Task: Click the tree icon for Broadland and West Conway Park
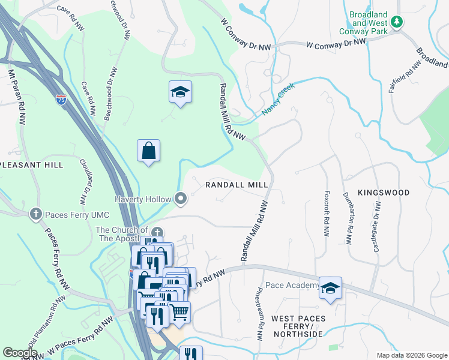pos(396,22)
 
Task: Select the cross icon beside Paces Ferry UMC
pos(36,213)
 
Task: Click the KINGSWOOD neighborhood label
pos(384,193)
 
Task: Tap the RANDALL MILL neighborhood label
pos(237,185)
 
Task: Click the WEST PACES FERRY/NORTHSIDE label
pos(298,325)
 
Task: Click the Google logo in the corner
pos(20,353)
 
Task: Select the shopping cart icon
pos(179,312)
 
